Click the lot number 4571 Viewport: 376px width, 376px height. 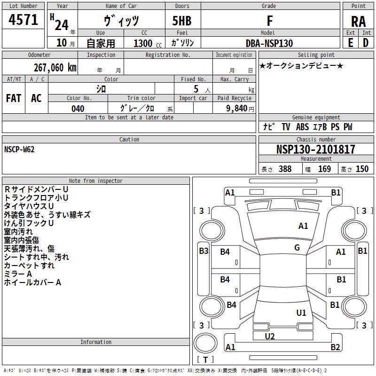tap(23, 20)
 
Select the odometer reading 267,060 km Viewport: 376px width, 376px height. tap(55, 68)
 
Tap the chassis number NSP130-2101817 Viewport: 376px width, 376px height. tap(315, 149)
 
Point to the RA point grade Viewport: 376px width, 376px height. tap(358, 22)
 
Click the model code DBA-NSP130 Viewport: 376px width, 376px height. tap(269, 43)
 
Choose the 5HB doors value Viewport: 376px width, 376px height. tap(182, 21)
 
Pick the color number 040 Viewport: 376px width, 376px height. tap(78, 109)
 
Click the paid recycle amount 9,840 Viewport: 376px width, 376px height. tap(237, 109)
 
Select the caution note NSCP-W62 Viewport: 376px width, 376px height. tap(19, 149)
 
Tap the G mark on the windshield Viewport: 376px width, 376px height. tap(297, 248)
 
